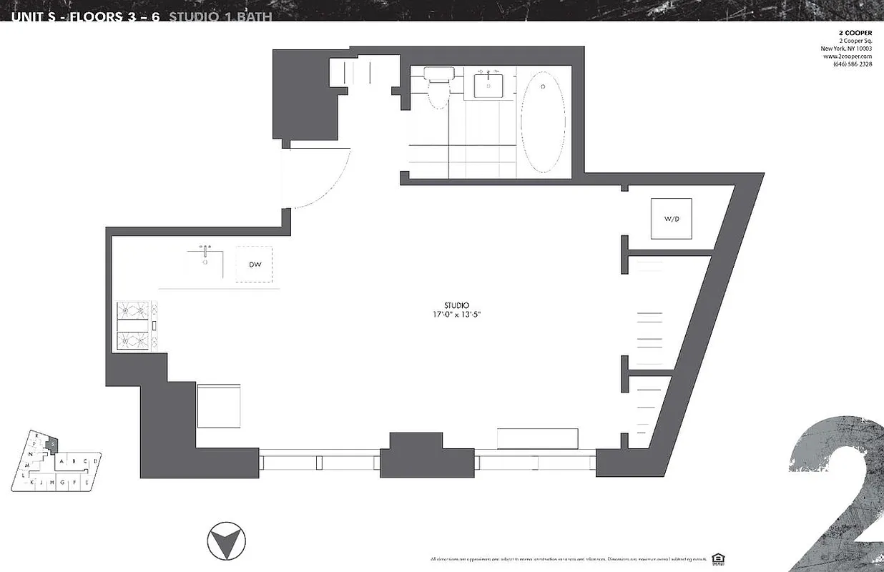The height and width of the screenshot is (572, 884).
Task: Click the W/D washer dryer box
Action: point(671,219)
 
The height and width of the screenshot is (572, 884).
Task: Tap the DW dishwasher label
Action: point(255,265)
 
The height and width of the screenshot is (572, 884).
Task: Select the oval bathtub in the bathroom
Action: point(541,124)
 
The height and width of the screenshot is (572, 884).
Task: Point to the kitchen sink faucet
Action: point(205,252)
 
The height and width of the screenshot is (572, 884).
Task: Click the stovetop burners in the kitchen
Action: point(134,326)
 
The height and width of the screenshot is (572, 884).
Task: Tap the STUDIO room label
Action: point(456,305)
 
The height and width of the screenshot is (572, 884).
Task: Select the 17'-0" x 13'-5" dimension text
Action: point(456,315)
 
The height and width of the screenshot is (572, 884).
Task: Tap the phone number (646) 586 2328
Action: point(852,64)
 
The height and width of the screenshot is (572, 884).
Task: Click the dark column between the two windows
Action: point(427,455)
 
